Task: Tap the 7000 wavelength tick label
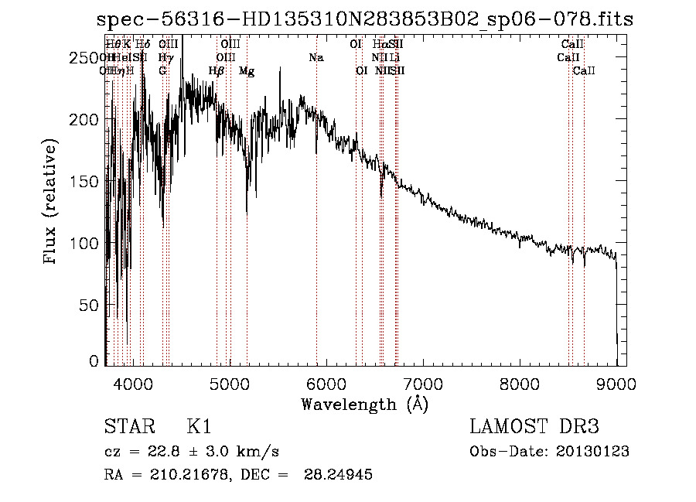[x=423, y=384]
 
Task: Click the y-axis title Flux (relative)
[x=52, y=203]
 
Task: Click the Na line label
[x=316, y=58]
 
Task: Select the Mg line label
[x=247, y=71]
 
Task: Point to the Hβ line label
[x=217, y=71]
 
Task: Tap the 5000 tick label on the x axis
[x=230, y=384]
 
